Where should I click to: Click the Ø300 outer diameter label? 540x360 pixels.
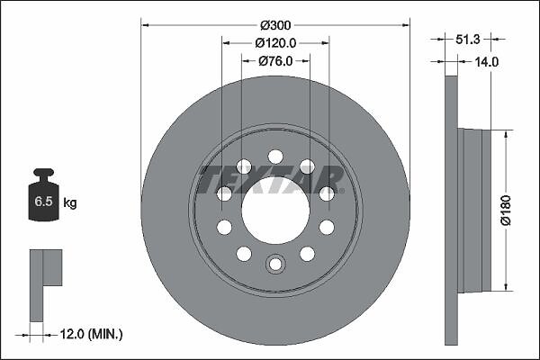(x=275, y=25)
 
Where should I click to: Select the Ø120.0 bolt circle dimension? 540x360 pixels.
(x=275, y=43)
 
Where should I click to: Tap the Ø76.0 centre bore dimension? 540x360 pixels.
(x=275, y=61)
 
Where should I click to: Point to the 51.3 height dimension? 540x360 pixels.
(x=468, y=40)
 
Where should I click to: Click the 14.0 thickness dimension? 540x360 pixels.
(x=487, y=62)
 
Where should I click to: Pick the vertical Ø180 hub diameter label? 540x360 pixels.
(x=506, y=210)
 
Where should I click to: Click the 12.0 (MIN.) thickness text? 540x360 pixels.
(x=91, y=334)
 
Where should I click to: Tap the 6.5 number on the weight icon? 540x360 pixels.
(x=43, y=202)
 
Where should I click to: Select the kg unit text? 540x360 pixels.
(x=70, y=202)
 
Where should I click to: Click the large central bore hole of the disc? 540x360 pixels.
(x=275, y=210)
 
